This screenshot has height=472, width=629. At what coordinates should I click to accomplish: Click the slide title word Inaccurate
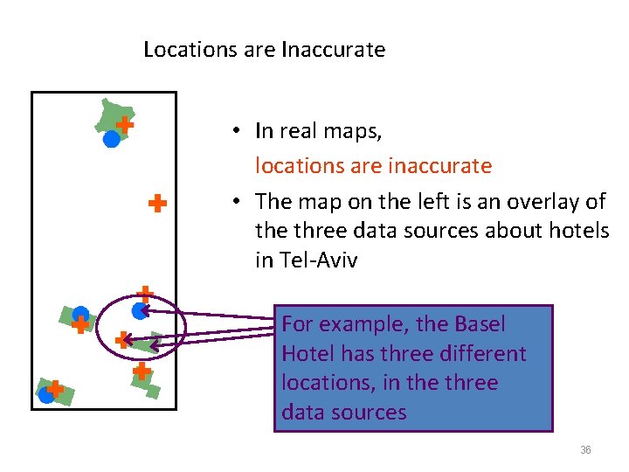(334, 50)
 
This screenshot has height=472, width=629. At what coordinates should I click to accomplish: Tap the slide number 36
(585, 450)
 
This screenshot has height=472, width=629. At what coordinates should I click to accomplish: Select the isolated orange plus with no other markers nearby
(157, 205)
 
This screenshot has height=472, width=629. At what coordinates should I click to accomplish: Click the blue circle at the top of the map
(111, 138)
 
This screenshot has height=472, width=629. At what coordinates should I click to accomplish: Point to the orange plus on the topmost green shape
(125, 125)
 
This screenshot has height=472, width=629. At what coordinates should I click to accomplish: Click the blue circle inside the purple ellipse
(139, 310)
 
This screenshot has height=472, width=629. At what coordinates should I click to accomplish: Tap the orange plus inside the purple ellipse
(123, 339)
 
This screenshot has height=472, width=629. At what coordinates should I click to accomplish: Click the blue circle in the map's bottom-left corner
(46, 394)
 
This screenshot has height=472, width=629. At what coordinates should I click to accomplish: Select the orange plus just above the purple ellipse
(146, 295)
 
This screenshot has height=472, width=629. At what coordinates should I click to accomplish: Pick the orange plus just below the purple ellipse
(141, 371)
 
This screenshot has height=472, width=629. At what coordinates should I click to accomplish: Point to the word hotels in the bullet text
(579, 232)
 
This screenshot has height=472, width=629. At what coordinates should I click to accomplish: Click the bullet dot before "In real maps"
(236, 132)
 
